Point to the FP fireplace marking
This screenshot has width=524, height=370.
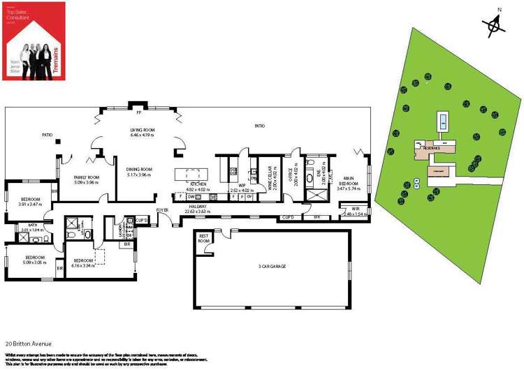tap(139, 112)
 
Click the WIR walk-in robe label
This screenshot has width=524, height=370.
tap(356, 209)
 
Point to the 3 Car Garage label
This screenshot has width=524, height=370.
tap(272, 266)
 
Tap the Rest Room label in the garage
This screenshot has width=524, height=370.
tap(204, 237)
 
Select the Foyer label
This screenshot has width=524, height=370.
tap(162, 209)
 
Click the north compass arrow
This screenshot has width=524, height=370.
tap(495, 24)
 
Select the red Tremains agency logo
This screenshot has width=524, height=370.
tap(34, 40)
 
